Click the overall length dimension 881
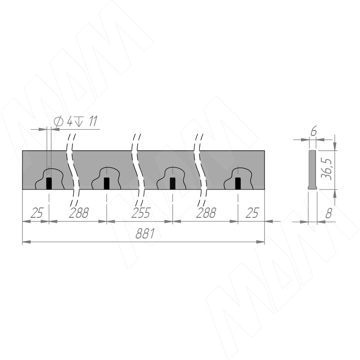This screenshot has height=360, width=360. [145, 234]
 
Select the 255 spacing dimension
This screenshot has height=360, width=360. [141, 213]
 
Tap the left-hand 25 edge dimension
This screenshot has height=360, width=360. [37, 213]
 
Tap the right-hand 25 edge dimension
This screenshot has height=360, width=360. [252, 213]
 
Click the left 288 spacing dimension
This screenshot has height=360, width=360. [79, 213]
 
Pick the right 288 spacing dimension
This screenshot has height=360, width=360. [206, 213]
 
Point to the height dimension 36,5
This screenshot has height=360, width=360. [326, 169]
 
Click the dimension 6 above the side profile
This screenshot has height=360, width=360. [313, 131]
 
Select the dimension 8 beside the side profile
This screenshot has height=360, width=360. [329, 214]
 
